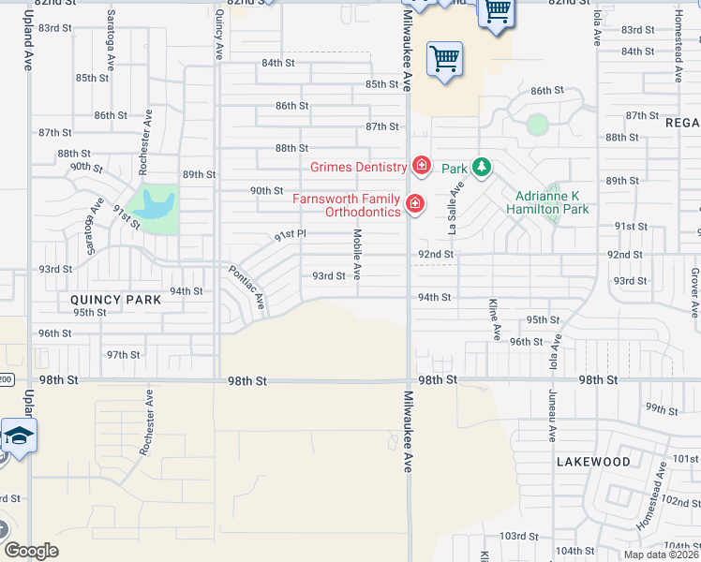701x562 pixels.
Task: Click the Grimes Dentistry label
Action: pyautogui.click(x=359, y=168)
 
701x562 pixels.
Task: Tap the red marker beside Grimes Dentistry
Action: pyautogui.click(x=421, y=167)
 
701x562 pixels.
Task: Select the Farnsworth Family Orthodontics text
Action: pyautogui.click(x=348, y=204)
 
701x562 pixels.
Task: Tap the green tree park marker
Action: pyautogui.click(x=482, y=168)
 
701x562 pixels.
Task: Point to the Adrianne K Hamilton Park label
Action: pyautogui.click(x=552, y=203)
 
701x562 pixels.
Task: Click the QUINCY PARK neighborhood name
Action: pyautogui.click(x=116, y=300)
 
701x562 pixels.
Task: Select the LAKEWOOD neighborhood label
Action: pyautogui.click(x=593, y=462)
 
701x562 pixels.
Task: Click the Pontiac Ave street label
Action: pyautogui.click(x=247, y=287)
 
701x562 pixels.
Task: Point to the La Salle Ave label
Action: pyautogui.click(x=456, y=208)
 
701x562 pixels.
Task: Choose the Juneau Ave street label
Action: pyautogui.click(x=547, y=418)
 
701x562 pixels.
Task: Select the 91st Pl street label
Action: pyautogui.click(x=291, y=234)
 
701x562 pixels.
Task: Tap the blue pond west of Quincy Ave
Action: pyautogui.click(x=155, y=206)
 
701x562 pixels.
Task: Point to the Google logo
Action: pyautogui.click(x=31, y=551)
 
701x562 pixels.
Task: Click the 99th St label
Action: pyautogui.click(x=661, y=409)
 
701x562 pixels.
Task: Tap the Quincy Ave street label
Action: pyautogui.click(x=220, y=34)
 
